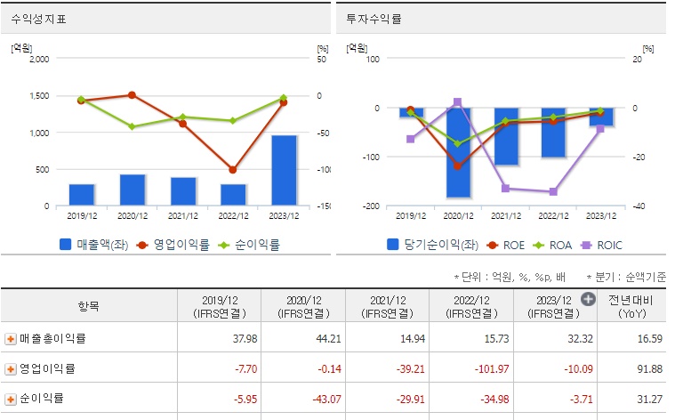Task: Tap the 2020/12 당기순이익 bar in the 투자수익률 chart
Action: click(459, 152)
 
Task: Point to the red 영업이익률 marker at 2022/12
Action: click(233, 169)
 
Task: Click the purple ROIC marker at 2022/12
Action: click(553, 191)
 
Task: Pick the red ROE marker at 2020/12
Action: click(458, 166)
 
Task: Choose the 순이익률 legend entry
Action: click(251, 244)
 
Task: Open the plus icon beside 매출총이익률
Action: click(11, 339)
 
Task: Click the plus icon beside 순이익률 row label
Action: click(11, 400)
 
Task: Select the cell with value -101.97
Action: click(490, 369)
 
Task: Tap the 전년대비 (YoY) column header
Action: click(632, 305)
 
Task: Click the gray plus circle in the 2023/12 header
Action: click(588, 299)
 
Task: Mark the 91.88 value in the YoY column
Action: click(646, 369)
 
